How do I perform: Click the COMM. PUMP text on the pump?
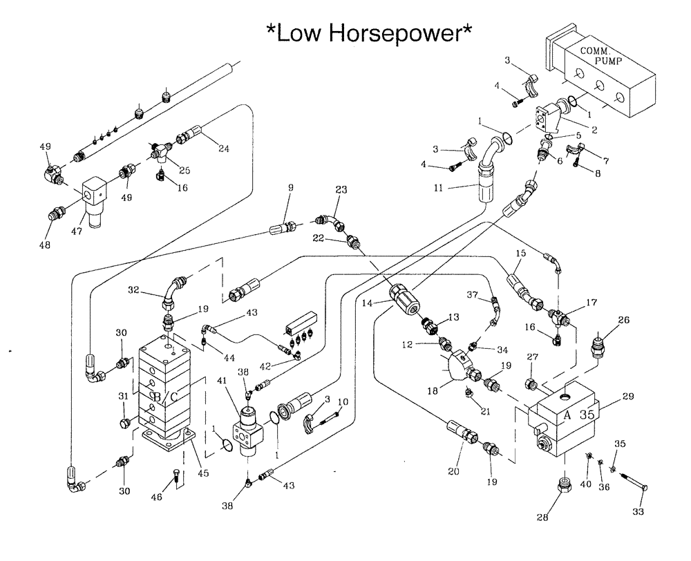(599, 56)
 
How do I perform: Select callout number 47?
(78, 231)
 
